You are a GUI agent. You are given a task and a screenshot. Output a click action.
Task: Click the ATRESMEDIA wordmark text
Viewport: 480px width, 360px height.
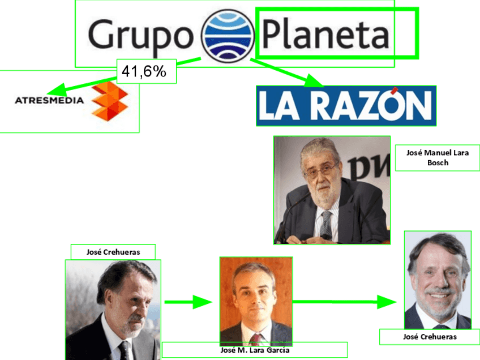tap(49, 101)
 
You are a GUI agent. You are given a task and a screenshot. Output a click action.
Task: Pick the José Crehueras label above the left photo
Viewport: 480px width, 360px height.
tap(113, 252)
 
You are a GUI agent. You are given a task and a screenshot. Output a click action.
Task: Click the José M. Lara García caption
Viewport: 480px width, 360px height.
tap(255, 350)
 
